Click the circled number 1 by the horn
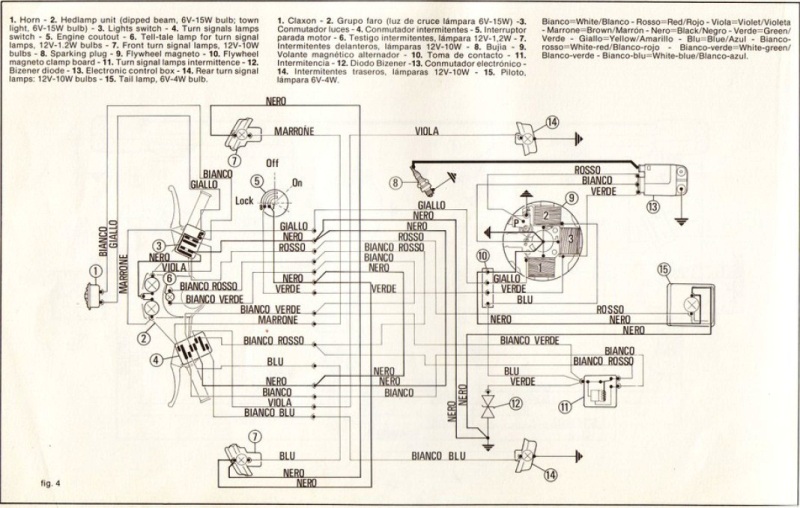tap(94, 269)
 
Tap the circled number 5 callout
tap(257, 180)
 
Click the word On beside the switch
tap(295, 183)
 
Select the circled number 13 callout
tap(652, 208)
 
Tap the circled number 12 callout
tap(515, 403)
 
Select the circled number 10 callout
tap(483, 257)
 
